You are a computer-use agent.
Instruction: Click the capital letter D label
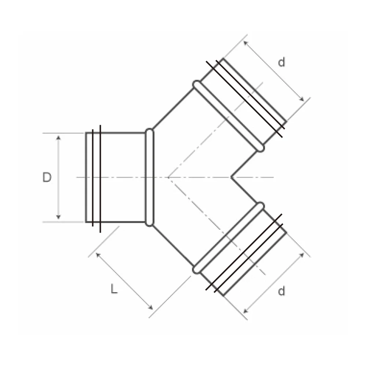[x=47, y=178]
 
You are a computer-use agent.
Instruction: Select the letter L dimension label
[x=114, y=290]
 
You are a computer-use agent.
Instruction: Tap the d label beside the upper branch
[x=281, y=63]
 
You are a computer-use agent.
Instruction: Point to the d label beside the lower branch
[x=281, y=291]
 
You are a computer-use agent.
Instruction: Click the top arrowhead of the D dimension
[x=58, y=137]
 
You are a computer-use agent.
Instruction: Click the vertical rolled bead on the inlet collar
[x=149, y=177]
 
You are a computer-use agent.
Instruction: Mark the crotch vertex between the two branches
[x=231, y=177]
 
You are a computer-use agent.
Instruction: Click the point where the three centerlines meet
[x=168, y=177]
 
